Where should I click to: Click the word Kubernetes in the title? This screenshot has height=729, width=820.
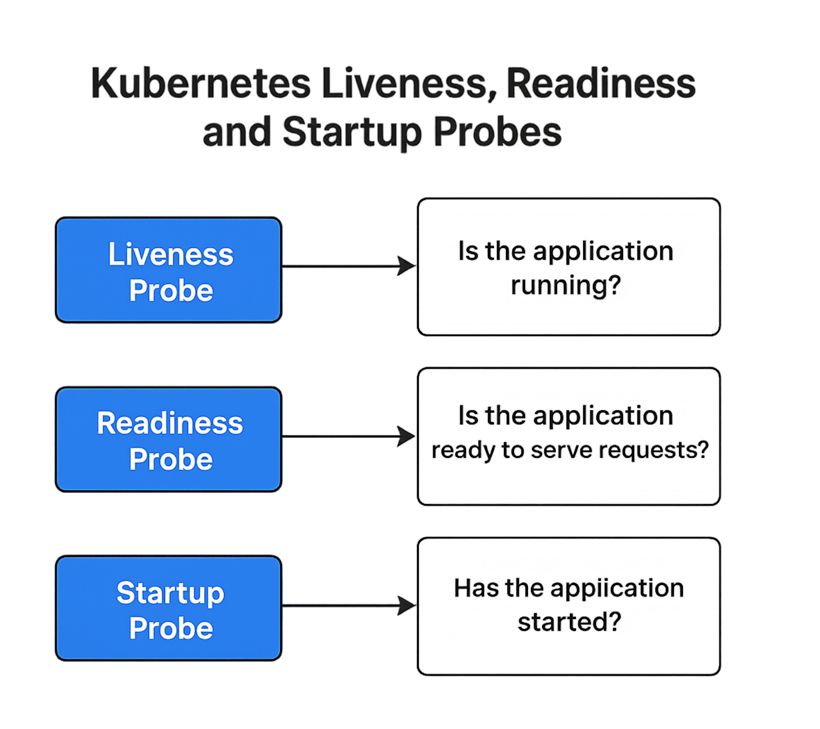pyautogui.click(x=200, y=85)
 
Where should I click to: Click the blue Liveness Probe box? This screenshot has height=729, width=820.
pyautogui.click(x=168, y=270)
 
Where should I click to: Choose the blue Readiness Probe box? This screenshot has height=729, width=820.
pyautogui.click(x=168, y=440)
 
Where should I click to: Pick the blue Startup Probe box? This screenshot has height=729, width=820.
pyautogui.click(x=168, y=608)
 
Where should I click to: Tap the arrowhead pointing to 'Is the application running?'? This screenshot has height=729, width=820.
pyautogui.click(x=407, y=266)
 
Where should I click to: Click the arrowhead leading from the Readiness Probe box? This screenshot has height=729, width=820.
pyautogui.click(x=407, y=436)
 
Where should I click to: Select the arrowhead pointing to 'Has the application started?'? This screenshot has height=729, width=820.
pyautogui.click(x=407, y=606)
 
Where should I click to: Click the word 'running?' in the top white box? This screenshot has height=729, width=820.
pyautogui.click(x=566, y=287)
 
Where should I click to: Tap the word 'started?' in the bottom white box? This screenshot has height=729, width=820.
pyautogui.click(x=569, y=622)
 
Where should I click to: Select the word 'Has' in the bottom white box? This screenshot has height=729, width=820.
pyautogui.click(x=475, y=587)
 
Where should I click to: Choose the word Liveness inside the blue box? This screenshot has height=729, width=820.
pyautogui.click(x=170, y=254)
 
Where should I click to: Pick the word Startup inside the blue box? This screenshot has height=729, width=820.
pyautogui.click(x=170, y=593)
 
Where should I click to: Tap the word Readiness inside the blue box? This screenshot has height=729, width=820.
pyautogui.click(x=170, y=423)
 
